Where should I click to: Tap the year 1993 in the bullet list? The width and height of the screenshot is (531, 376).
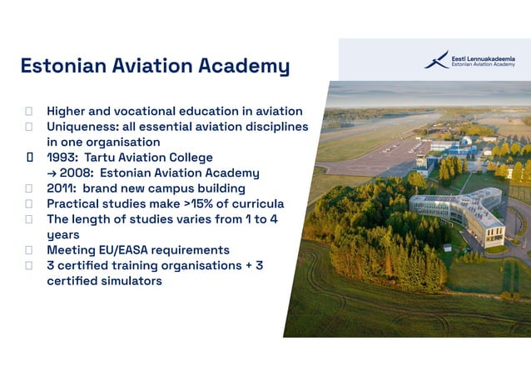tap(62, 158)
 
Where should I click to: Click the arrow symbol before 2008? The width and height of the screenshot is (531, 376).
tap(52, 173)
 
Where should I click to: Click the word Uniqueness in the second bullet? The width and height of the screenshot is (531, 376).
tap(83, 127)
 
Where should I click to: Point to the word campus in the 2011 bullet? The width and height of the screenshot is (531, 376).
tap(174, 188)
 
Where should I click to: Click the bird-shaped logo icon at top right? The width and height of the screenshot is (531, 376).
tap(436, 60)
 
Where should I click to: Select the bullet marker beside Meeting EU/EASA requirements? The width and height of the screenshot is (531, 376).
tap(29, 250)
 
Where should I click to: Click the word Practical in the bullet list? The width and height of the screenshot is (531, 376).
tap(75, 203)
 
